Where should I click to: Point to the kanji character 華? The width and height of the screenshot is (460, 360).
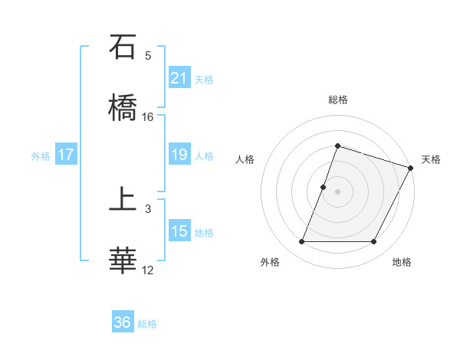pyautogui.click(x=123, y=260)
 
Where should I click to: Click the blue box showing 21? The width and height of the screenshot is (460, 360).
pyautogui.click(x=179, y=78)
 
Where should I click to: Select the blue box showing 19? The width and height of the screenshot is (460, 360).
pyautogui.click(x=179, y=155)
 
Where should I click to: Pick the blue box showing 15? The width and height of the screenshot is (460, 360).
pyautogui.click(x=179, y=231)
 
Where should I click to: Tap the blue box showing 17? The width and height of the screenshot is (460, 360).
pyautogui.click(x=66, y=155)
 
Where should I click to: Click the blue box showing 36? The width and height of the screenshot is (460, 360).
pyautogui.click(x=123, y=322)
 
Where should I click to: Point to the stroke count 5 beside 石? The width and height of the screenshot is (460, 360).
pyautogui.click(x=148, y=55)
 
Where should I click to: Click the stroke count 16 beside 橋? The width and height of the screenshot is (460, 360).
pyautogui.click(x=148, y=116)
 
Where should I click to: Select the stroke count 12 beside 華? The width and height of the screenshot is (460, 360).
pyautogui.click(x=148, y=270)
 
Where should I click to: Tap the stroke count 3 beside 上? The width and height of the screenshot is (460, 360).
pyautogui.click(x=148, y=208)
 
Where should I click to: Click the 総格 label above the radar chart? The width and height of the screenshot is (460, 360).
pyautogui.click(x=337, y=100)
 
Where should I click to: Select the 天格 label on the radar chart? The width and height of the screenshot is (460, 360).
pyautogui.click(x=431, y=159)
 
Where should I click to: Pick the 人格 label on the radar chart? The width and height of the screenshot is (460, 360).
pyautogui.click(x=245, y=159)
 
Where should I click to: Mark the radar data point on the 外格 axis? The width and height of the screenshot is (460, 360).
pyautogui.click(x=301, y=242)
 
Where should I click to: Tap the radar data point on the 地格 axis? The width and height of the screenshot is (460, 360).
pyautogui.click(x=373, y=242)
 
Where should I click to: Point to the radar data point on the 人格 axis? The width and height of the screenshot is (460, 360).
pyautogui.click(x=323, y=187)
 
